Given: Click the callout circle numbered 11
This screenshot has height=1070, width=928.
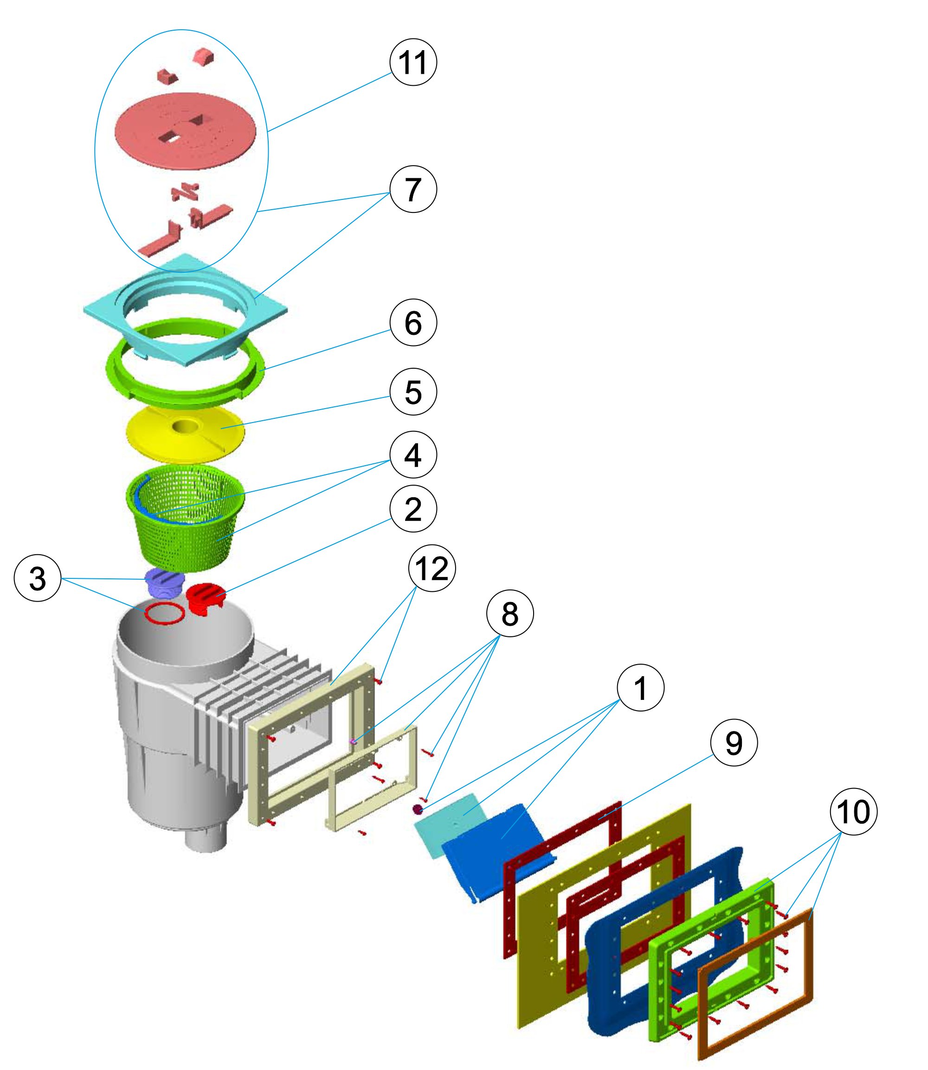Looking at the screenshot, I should click(413, 62).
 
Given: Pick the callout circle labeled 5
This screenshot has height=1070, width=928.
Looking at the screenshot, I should click(413, 392).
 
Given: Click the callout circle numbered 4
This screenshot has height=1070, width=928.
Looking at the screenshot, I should click(413, 455).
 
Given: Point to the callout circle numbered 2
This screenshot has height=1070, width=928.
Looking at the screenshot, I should click(413, 510).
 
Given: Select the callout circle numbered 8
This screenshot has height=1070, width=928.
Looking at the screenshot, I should click(509, 615).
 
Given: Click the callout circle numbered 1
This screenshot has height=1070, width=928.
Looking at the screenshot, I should click(641, 688).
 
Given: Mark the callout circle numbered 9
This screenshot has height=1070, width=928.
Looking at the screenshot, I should click(734, 743).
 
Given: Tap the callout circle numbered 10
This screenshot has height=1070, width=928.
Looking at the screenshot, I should click(854, 811).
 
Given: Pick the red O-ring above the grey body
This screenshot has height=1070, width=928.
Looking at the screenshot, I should click(165, 614).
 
